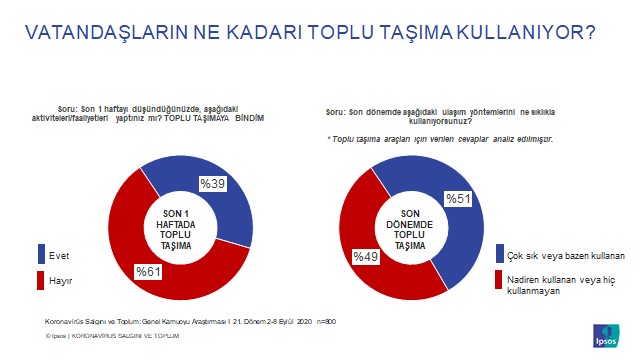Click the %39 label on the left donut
212,184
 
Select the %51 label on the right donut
458,199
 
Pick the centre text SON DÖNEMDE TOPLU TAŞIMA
409,229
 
